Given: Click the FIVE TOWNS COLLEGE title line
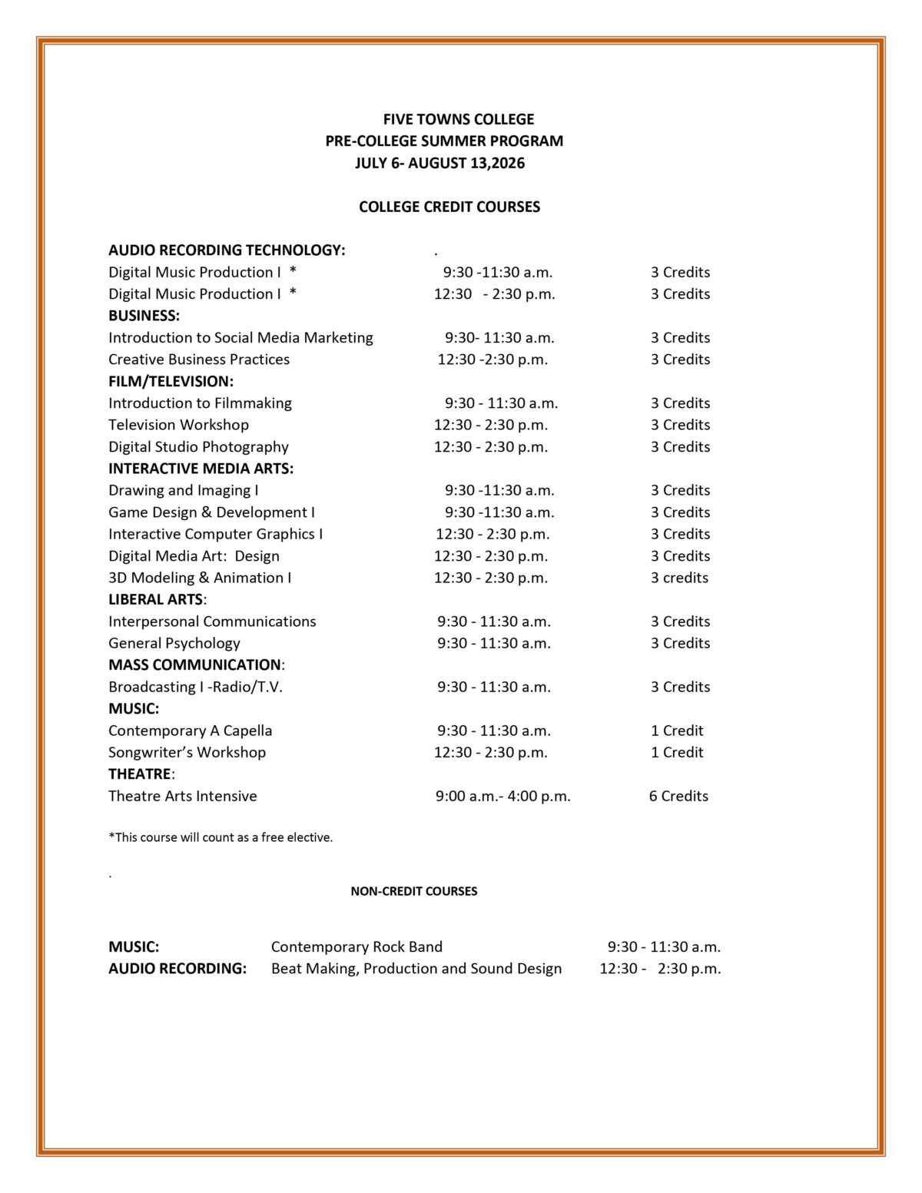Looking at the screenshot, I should coord(458,119).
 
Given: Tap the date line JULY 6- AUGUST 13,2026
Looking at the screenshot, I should coord(439,163).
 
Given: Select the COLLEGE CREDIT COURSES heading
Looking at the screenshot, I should coord(449,207).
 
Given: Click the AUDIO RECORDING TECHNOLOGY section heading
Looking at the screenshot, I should coord(227,250).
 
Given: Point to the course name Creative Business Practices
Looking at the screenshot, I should coord(199,359).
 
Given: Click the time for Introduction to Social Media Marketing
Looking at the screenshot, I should coord(499,337).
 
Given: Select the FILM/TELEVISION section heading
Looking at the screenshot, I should coord(171,381).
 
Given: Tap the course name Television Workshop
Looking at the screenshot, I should coord(178,424).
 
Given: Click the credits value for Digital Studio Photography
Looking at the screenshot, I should coord(680,446).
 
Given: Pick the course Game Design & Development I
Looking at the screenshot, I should coord(211,512).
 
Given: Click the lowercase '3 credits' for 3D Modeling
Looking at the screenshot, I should coord(679,577).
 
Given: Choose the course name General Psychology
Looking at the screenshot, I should coord(174,643).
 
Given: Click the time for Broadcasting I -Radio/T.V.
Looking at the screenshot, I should coord(494,687).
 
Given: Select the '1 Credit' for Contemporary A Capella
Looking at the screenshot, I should coord(677,731).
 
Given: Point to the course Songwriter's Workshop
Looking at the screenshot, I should coord(187,752).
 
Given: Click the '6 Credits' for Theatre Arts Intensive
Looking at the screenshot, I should coord(678,796).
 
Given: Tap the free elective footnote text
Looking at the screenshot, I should coord(221,837).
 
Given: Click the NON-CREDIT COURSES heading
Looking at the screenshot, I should coord(413,891).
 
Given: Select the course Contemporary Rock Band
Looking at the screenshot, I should coord(357,946).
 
